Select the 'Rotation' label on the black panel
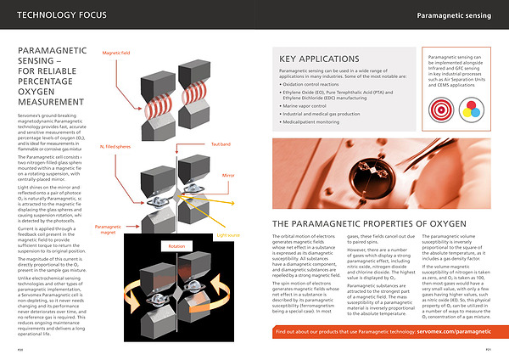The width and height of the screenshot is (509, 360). coord(176,246)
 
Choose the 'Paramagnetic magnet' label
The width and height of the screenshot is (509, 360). coord(108,230)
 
